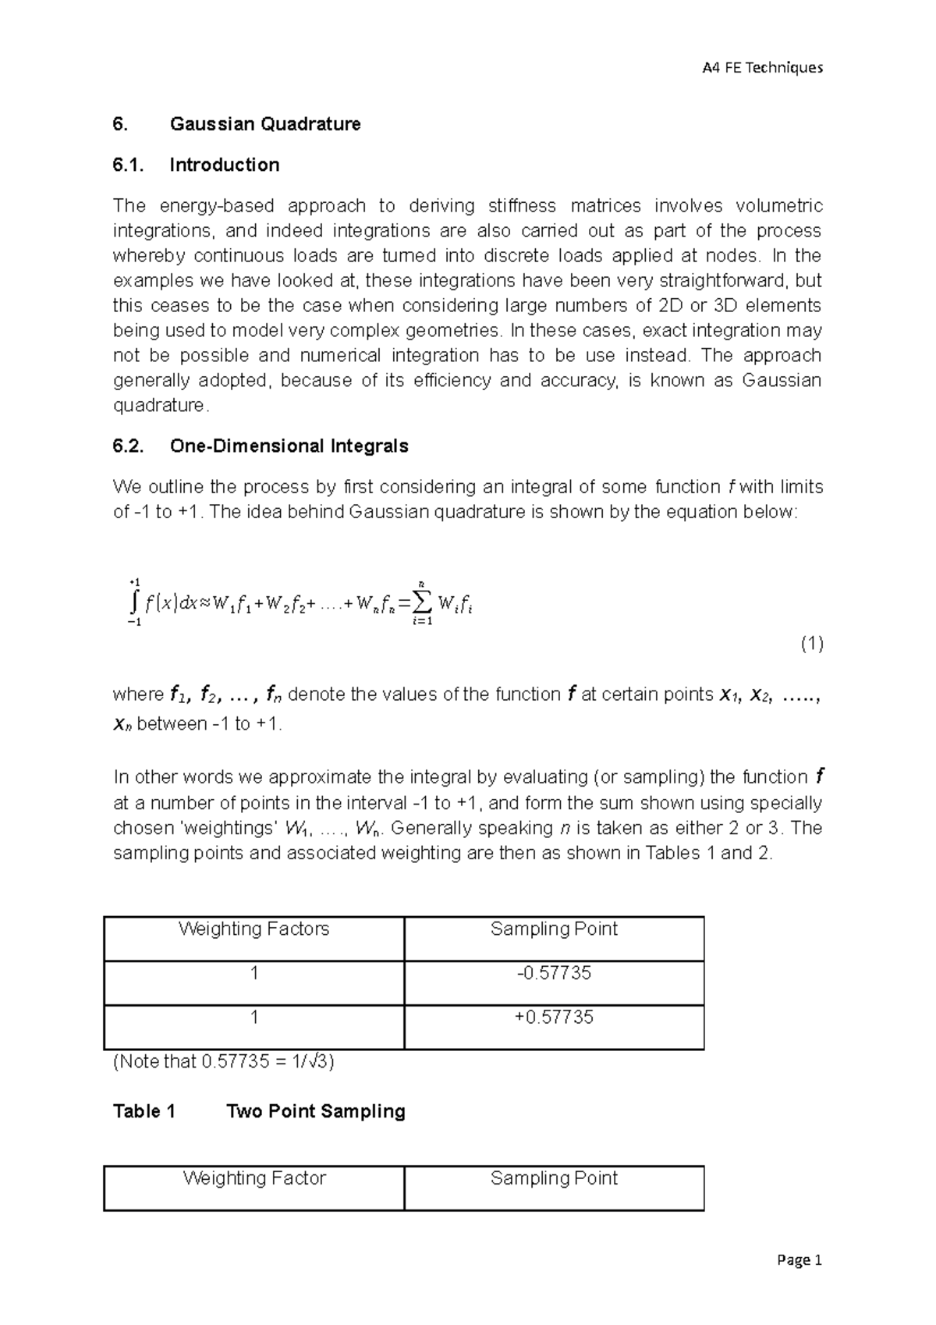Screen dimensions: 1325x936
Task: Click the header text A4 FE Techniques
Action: (762, 68)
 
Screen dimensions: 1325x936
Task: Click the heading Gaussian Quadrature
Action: (265, 124)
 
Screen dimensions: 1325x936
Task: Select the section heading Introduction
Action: (225, 165)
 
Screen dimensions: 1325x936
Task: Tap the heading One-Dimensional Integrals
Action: (289, 446)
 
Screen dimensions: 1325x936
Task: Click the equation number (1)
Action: (811, 644)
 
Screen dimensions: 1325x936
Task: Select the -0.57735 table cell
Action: (554, 973)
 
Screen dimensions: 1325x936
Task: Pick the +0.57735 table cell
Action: (554, 1018)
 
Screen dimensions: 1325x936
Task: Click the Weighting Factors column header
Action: (253, 929)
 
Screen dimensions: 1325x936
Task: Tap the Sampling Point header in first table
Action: (554, 929)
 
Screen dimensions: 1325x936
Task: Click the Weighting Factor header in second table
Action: (253, 1178)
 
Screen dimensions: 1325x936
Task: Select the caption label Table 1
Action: (144, 1111)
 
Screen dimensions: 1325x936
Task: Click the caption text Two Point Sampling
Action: (315, 1111)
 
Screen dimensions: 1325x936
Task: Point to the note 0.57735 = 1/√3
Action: (225, 1062)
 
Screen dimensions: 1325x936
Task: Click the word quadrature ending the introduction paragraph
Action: (159, 406)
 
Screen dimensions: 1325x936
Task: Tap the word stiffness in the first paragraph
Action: (522, 206)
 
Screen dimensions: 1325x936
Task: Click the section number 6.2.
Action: (129, 446)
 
